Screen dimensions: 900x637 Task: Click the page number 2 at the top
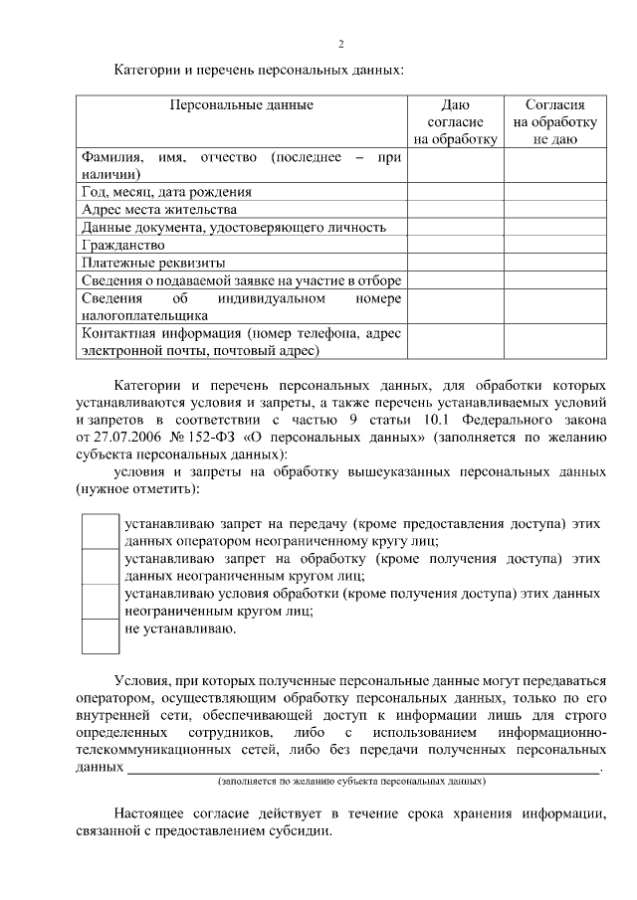pyautogui.click(x=340, y=45)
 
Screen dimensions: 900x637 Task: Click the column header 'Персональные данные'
pyautogui.click(x=241, y=104)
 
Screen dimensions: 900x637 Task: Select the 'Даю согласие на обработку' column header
pyautogui.click(x=455, y=121)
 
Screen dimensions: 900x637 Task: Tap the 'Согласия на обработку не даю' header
pyautogui.click(x=554, y=121)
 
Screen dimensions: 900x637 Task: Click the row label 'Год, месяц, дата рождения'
pyautogui.click(x=166, y=191)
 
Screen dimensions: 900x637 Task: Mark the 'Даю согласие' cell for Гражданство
pyautogui.click(x=455, y=245)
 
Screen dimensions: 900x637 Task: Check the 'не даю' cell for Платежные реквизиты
pyautogui.click(x=554, y=263)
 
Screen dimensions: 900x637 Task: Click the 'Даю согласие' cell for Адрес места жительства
pyautogui.click(x=455, y=209)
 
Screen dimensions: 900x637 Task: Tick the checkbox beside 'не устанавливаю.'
pyautogui.click(x=100, y=635)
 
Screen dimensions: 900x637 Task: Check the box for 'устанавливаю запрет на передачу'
pyautogui.click(x=100, y=531)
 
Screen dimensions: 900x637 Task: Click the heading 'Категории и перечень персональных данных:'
pyautogui.click(x=260, y=71)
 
